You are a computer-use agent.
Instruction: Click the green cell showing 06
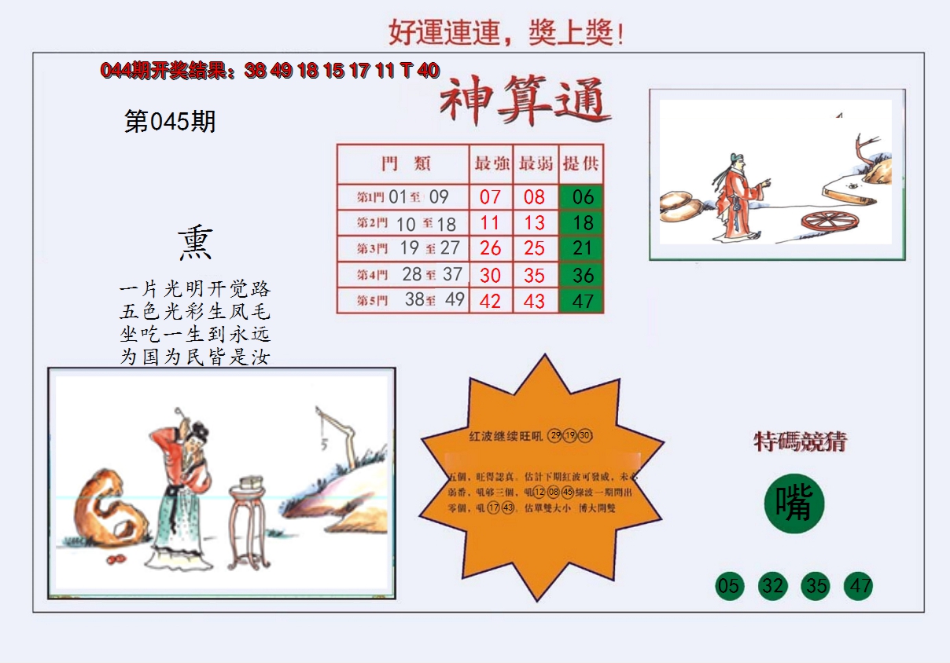[582, 196]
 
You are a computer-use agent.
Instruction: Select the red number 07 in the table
[491, 196]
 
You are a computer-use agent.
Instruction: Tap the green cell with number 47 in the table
[582, 301]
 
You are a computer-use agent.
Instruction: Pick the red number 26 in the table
[491, 249]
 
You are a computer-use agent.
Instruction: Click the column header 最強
[492, 163]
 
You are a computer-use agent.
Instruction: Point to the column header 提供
[582, 163]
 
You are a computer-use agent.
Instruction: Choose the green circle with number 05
[729, 586]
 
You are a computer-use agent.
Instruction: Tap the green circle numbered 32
[772, 586]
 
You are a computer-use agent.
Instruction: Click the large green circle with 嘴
[794, 504]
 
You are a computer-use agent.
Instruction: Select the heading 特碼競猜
[800, 441]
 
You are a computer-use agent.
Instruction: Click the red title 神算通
[525, 102]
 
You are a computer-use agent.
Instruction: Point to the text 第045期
[170, 122]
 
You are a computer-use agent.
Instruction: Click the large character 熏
[194, 244]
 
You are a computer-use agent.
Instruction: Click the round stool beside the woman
[249, 525]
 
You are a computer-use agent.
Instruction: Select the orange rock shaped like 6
[110, 511]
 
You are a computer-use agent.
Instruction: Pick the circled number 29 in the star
[556, 436]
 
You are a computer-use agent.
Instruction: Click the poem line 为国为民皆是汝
[195, 357]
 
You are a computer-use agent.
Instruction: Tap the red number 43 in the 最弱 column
[535, 301]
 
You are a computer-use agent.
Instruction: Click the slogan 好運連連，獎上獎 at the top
[506, 33]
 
